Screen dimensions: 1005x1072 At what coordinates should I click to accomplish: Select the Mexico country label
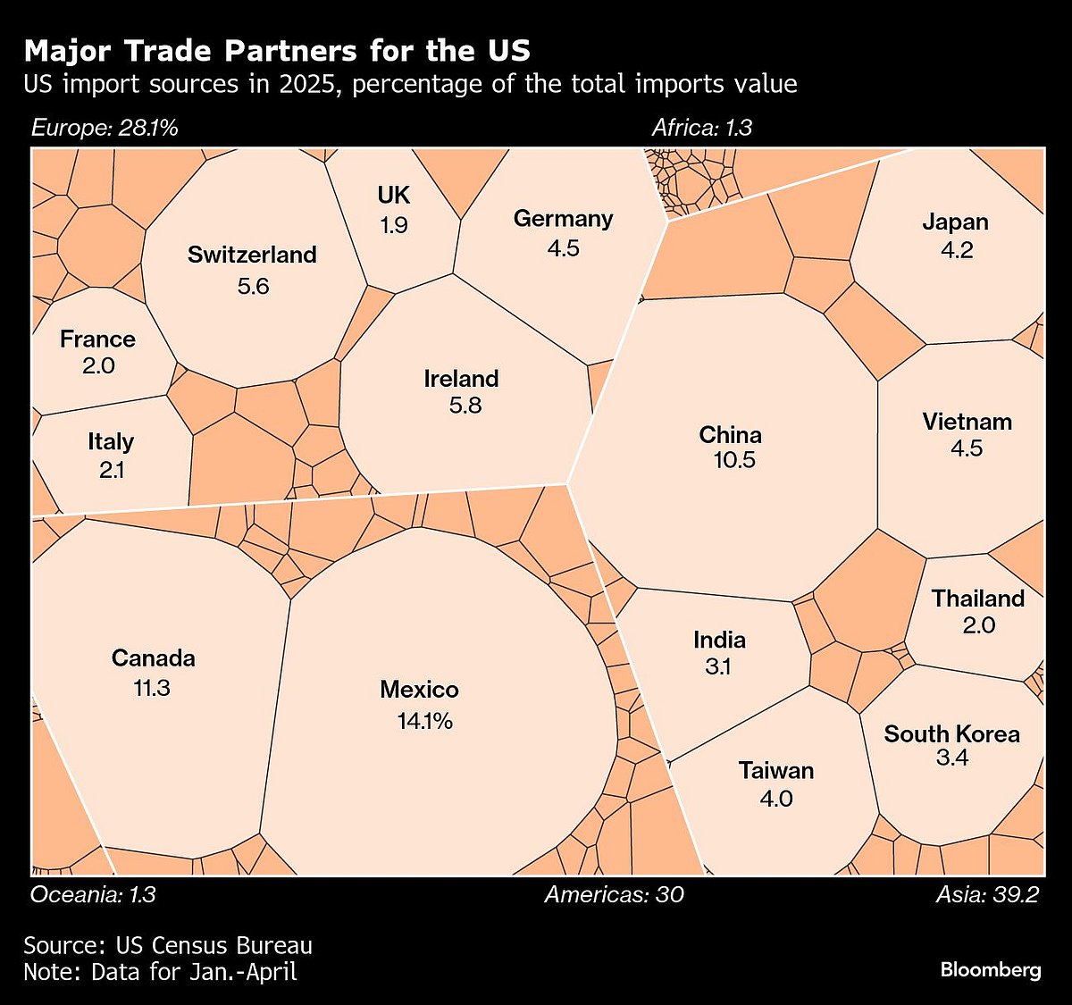(419, 690)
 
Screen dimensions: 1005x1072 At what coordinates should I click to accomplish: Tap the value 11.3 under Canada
(153, 688)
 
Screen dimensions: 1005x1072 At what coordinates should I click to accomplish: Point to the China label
(731, 435)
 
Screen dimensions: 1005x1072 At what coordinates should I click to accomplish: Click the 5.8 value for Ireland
(465, 405)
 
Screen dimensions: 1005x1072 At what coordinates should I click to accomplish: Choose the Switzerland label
(252, 255)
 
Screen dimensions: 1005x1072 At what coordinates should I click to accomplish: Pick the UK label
(393, 196)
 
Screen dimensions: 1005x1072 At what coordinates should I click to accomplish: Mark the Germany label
(563, 219)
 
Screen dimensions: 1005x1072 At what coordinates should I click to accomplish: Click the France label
(98, 339)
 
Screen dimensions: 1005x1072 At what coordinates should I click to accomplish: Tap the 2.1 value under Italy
(112, 468)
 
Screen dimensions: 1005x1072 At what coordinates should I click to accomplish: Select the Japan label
(956, 222)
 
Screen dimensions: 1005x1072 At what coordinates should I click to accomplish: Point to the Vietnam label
(967, 422)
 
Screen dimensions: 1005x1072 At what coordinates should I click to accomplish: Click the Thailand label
(978, 599)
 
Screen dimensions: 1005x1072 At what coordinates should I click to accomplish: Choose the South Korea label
(952, 734)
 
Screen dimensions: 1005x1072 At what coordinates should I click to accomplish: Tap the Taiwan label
(776, 770)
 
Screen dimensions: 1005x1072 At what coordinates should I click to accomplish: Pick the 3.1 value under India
(718, 666)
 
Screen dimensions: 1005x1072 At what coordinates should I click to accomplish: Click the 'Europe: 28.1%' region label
(105, 128)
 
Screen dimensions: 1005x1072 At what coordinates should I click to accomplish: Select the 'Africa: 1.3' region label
(702, 128)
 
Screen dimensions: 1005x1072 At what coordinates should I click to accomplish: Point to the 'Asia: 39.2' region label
(987, 894)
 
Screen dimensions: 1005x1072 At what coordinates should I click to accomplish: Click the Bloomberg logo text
(991, 969)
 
